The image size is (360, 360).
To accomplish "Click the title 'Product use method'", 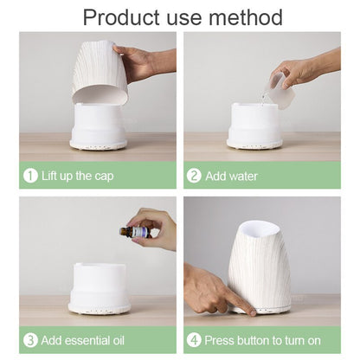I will (180, 16).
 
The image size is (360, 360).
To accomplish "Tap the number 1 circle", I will (30, 176).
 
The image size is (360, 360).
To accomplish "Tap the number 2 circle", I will (194, 176).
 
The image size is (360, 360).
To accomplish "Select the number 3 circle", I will (30, 339).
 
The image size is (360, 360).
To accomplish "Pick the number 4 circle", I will (194, 339).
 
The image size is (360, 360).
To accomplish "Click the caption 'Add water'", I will (231, 176).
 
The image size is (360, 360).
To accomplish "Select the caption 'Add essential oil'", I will (89, 339).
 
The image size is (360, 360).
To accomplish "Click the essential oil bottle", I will (137, 232).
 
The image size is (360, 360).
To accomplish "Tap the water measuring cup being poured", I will (275, 85).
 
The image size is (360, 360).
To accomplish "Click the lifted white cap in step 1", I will (99, 74).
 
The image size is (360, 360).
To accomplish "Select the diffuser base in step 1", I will (99, 125).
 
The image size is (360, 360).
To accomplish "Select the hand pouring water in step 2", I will (307, 67).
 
